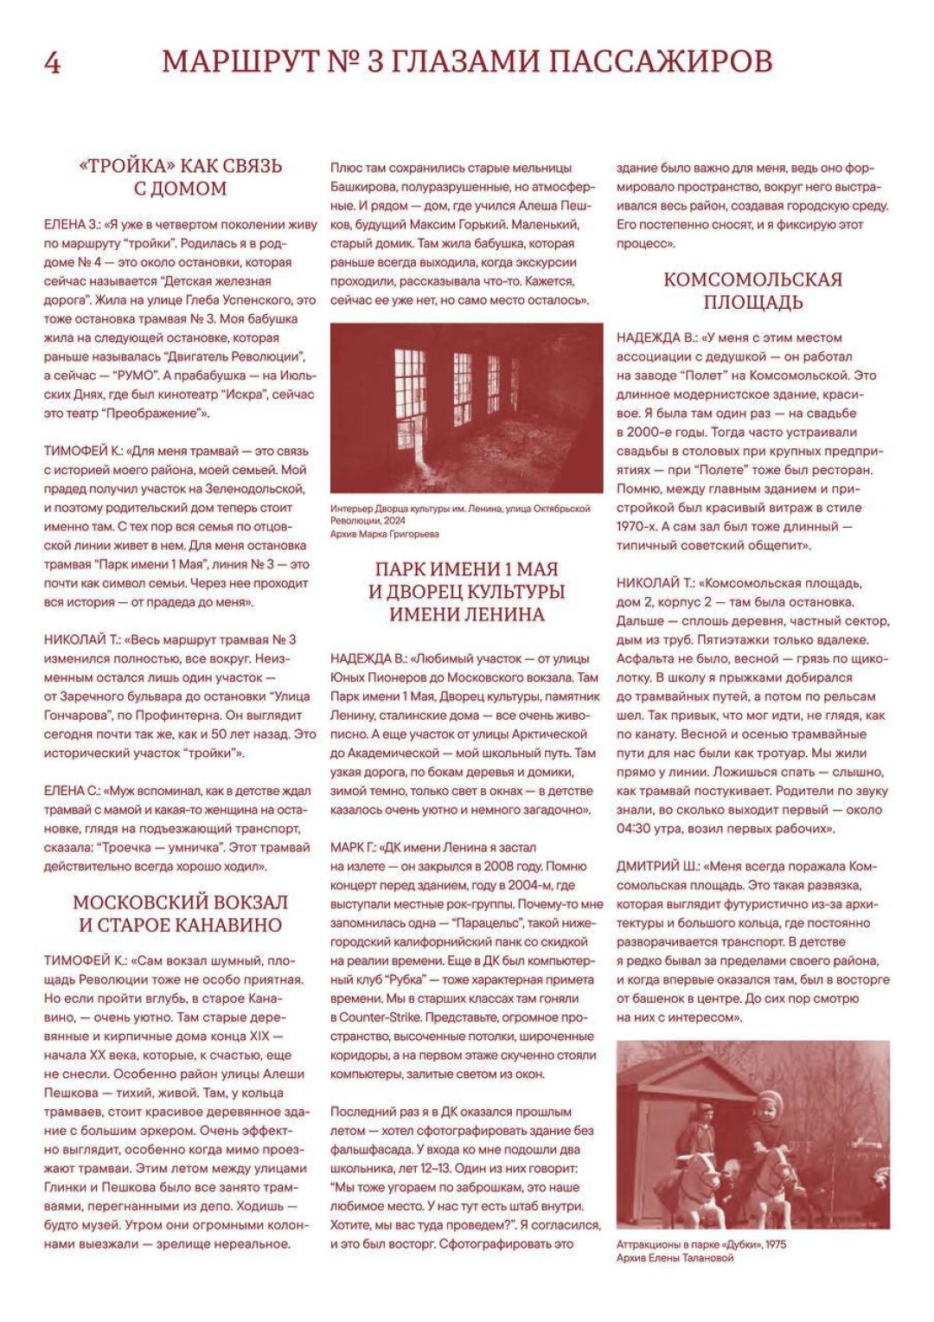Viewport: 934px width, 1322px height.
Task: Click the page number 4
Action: click(x=52, y=63)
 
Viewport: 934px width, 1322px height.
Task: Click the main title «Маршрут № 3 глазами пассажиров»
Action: click(x=467, y=62)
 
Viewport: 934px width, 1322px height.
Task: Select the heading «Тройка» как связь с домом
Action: click(x=181, y=177)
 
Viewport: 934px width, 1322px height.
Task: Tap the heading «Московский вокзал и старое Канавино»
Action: click(x=181, y=914)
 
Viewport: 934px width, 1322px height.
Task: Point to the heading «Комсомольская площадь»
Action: click(x=752, y=291)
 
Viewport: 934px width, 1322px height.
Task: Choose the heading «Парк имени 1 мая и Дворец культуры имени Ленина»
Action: click(x=466, y=592)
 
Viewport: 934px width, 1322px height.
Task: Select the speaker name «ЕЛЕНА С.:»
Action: click(x=72, y=791)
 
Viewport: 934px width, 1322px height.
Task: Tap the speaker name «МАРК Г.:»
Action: click(x=353, y=848)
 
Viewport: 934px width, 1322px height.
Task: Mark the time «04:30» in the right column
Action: click(x=637, y=829)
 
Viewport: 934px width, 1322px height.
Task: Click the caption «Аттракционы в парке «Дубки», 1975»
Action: click(x=701, y=1244)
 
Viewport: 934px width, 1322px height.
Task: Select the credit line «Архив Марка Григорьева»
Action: click(x=385, y=535)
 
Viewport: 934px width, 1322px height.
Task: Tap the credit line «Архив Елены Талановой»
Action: click(x=675, y=1258)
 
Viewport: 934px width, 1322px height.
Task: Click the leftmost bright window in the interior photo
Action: click(x=410, y=398)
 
